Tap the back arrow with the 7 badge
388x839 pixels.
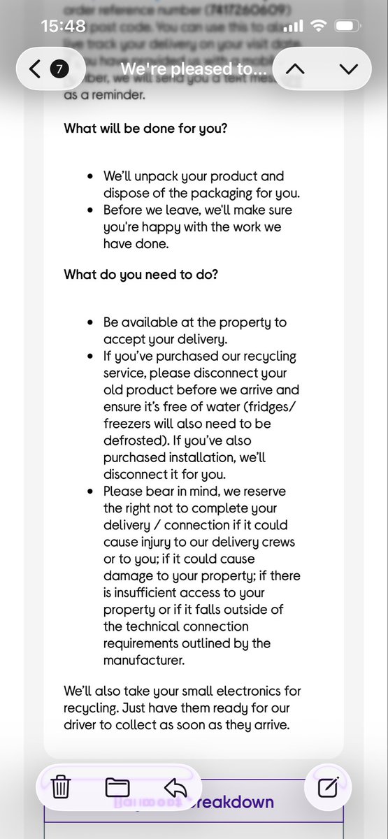[48, 69]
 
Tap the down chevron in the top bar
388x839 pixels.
[347, 69]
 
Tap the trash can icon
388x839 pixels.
[62, 787]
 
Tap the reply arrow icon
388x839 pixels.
[175, 787]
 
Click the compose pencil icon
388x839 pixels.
[329, 787]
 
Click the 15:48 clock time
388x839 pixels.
[63, 27]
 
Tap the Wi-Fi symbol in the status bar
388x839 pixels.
[319, 27]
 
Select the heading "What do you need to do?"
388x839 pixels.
[141, 275]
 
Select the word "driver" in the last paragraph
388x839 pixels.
[83, 724]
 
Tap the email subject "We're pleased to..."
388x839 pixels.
[193, 69]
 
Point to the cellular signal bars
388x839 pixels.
[294, 27]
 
